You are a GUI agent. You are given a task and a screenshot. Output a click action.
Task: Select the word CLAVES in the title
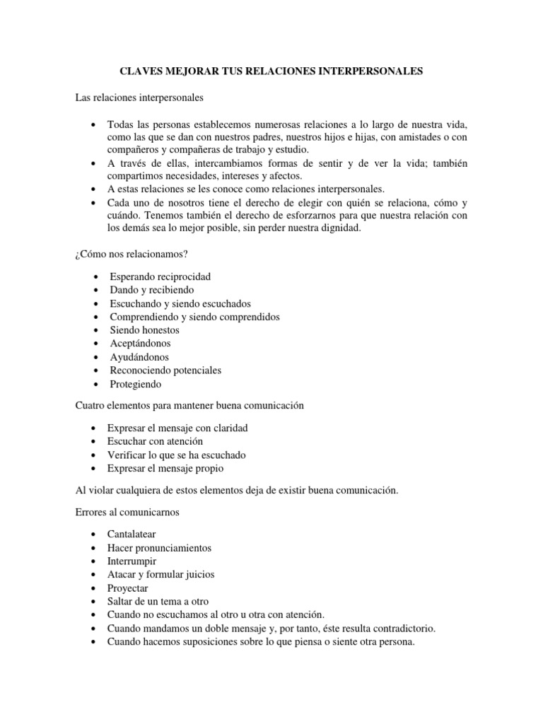tap(139, 71)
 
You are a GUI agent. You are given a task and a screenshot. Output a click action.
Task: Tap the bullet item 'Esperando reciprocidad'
tap(160, 276)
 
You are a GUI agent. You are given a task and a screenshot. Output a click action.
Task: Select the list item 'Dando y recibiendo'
tap(151, 290)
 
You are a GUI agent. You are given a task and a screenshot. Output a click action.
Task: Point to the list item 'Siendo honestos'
tap(144, 330)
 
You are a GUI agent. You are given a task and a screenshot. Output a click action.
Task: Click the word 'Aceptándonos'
tap(139, 344)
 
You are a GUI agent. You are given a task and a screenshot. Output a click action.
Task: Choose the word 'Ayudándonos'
tap(139, 357)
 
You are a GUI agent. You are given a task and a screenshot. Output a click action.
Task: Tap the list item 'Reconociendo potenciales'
tap(165, 370)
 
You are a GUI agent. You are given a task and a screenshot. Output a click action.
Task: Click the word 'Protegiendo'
tap(136, 384)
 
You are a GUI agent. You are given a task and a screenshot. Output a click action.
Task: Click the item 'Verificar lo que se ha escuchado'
tap(176, 455)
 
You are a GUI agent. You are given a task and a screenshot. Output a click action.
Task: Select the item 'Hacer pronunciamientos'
tap(159, 548)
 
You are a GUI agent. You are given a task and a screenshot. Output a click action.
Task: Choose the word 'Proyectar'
tap(128, 588)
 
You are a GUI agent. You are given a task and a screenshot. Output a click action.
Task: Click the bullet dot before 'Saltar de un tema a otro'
tap(94, 602)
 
